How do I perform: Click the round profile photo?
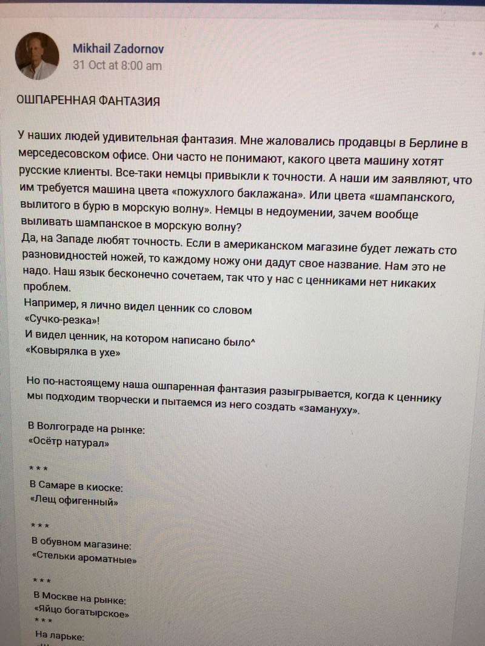tap(36, 56)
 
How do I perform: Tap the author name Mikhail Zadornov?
tap(118, 49)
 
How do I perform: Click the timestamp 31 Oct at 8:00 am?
tap(117, 65)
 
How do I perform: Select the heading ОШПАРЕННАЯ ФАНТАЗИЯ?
tap(88, 102)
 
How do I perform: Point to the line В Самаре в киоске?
tap(76, 487)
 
